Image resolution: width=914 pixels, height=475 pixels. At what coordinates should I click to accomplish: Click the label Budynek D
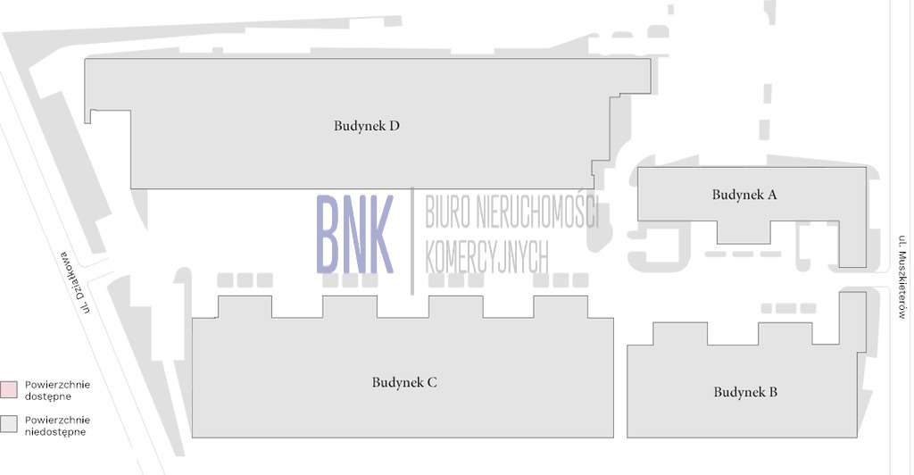pyautogui.click(x=366, y=126)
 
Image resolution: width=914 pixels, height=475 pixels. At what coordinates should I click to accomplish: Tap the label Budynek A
pyautogui.click(x=744, y=195)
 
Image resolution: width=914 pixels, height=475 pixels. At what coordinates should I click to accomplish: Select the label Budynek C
pyautogui.click(x=403, y=382)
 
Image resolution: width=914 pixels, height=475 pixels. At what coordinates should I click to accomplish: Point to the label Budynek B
pyautogui.click(x=745, y=392)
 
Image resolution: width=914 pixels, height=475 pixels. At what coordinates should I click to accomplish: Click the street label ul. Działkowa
pyautogui.click(x=77, y=281)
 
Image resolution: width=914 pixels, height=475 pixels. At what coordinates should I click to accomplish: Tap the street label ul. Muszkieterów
pyautogui.click(x=902, y=277)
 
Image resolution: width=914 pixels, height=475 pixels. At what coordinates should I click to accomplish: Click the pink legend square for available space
pyautogui.click(x=9, y=389)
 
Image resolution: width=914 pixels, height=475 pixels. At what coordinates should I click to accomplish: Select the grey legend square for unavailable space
pyautogui.click(x=9, y=424)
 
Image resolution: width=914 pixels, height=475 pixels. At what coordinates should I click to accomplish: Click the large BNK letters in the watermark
pyautogui.click(x=354, y=234)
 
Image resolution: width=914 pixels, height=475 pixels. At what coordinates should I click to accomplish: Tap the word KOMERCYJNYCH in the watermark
pyautogui.click(x=486, y=257)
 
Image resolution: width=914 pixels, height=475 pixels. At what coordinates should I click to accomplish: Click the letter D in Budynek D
pyautogui.click(x=394, y=126)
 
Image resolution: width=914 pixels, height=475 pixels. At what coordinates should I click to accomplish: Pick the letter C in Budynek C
pyautogui.click(x=431, y=382)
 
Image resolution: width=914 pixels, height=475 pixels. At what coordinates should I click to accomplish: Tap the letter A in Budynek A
pyautogui.click(x=771, y=195)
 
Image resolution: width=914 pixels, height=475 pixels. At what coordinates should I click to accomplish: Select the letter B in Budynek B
pyautogui.click(x=772, y=392)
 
